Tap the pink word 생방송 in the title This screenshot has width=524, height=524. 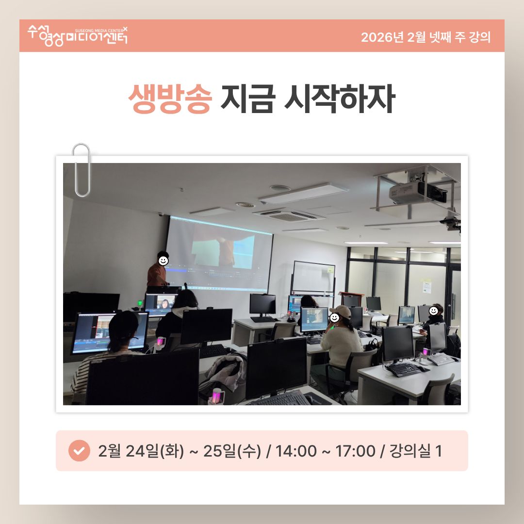tap(170, 99)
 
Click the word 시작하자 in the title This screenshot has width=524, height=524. tap(340, 99)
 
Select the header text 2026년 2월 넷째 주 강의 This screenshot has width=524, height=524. tap(426, 37)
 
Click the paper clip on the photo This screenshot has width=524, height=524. tap(81, 170)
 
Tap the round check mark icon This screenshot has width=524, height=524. tap(79, 450)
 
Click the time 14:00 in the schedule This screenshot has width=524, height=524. tap(296, 451)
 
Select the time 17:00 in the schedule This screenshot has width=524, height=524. tap(355, 451)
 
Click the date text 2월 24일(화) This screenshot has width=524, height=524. tap(141, 451)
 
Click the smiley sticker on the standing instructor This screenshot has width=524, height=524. tap(163, 261)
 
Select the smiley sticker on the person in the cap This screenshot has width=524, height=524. tap(334, 317)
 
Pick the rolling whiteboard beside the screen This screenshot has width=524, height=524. tap(313, 278)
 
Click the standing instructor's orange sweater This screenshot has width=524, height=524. tap(157, 276)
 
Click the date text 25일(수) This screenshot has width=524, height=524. tap(232, 451)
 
